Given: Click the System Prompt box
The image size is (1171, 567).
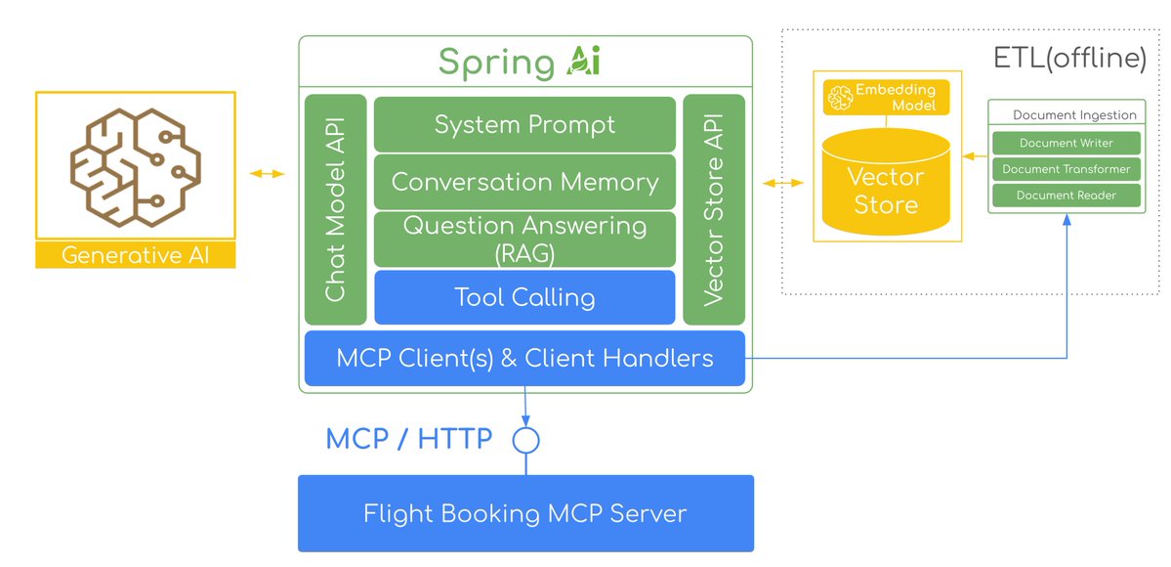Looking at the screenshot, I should tap(524, 124).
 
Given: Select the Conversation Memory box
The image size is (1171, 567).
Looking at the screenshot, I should tap(524, 182).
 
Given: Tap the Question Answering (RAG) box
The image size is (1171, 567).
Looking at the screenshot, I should tap(524, 239).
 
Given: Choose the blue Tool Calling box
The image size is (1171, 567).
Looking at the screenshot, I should tap(524, 297).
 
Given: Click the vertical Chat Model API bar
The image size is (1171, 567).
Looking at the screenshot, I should tap(335, 209).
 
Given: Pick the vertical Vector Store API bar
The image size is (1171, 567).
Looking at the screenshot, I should tap(713, 209).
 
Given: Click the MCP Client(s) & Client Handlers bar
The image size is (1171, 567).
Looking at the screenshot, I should tap(524, 358).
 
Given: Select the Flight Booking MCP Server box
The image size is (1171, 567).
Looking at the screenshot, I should tap(525, 513).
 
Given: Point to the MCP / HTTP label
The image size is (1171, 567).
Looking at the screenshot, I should tap(408, 439).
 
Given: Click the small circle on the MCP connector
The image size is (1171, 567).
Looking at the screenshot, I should tap(526, 441).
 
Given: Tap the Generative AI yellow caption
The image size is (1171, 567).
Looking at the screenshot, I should tap(135, 256).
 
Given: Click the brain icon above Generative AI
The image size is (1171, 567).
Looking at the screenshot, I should tap(135, 165).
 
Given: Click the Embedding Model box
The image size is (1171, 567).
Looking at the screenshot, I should tap(885, 98).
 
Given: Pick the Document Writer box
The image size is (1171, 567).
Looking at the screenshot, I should tap(1066, 143).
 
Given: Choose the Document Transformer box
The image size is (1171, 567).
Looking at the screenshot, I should tap(1066, 169).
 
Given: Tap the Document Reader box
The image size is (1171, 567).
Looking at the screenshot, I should tap(1066, 196).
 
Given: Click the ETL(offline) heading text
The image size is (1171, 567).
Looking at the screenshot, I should tap(1069, 59).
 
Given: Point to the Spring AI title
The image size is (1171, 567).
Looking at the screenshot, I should tap(519, 62).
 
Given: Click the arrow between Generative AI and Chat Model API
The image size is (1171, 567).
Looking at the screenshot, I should tap(267, 174).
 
